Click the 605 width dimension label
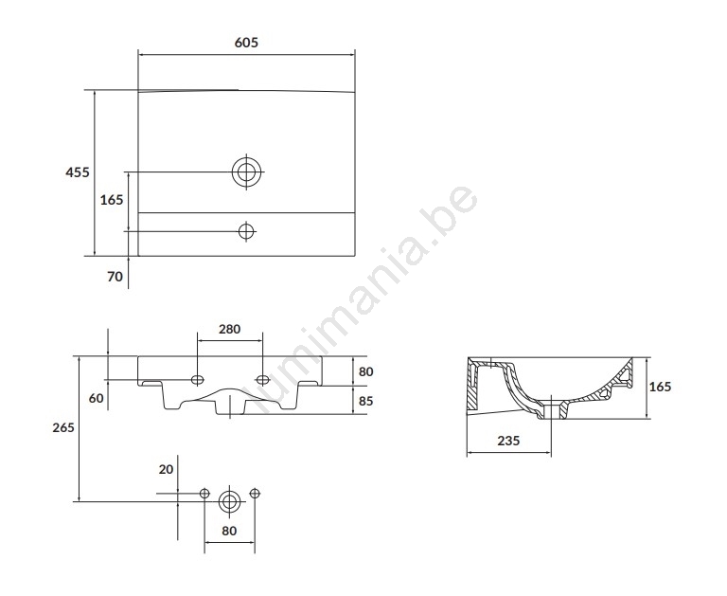[x=246, y=43]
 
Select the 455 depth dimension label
[x=78, y=172]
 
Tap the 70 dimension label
[x=115, y=277]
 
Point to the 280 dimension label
[x=229, y=329]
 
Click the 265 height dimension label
[x=63, y=427]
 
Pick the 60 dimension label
[x=96, y=398]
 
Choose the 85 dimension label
[x=365, y=401]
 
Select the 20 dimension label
[x=166, y=470]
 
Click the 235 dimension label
[x=508, y=441]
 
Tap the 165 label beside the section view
[x=660, y=387]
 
